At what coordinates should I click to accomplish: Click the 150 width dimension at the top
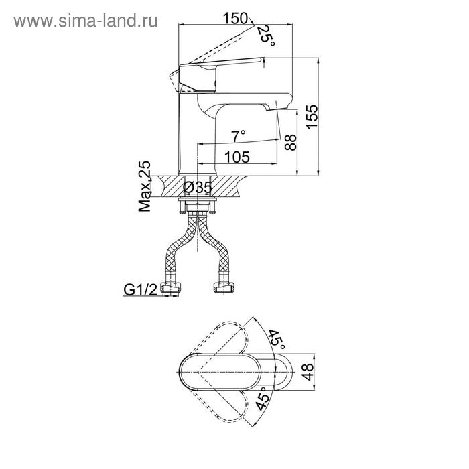pyautogui.click(x=235, y=19)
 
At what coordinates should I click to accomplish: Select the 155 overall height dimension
pyautogui.click(x=312, y=117)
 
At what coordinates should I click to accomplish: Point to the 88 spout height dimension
pyautogui.click(x=291, y=142)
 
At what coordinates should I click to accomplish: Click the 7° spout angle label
pyautogui.click(x=239, y=137)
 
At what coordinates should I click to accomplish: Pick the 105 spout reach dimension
pyautogui.click(x=237, y=157)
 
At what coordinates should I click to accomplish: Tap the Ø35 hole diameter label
pyautogui.click(x=198, y=188)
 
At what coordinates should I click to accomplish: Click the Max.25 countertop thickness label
pyautogui.click(x=145, y=186)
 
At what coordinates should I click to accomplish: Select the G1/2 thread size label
pyautogui.click(x=140, y=289)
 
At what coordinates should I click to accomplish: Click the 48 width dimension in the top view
pyautogui.click(x=308, y=372)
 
